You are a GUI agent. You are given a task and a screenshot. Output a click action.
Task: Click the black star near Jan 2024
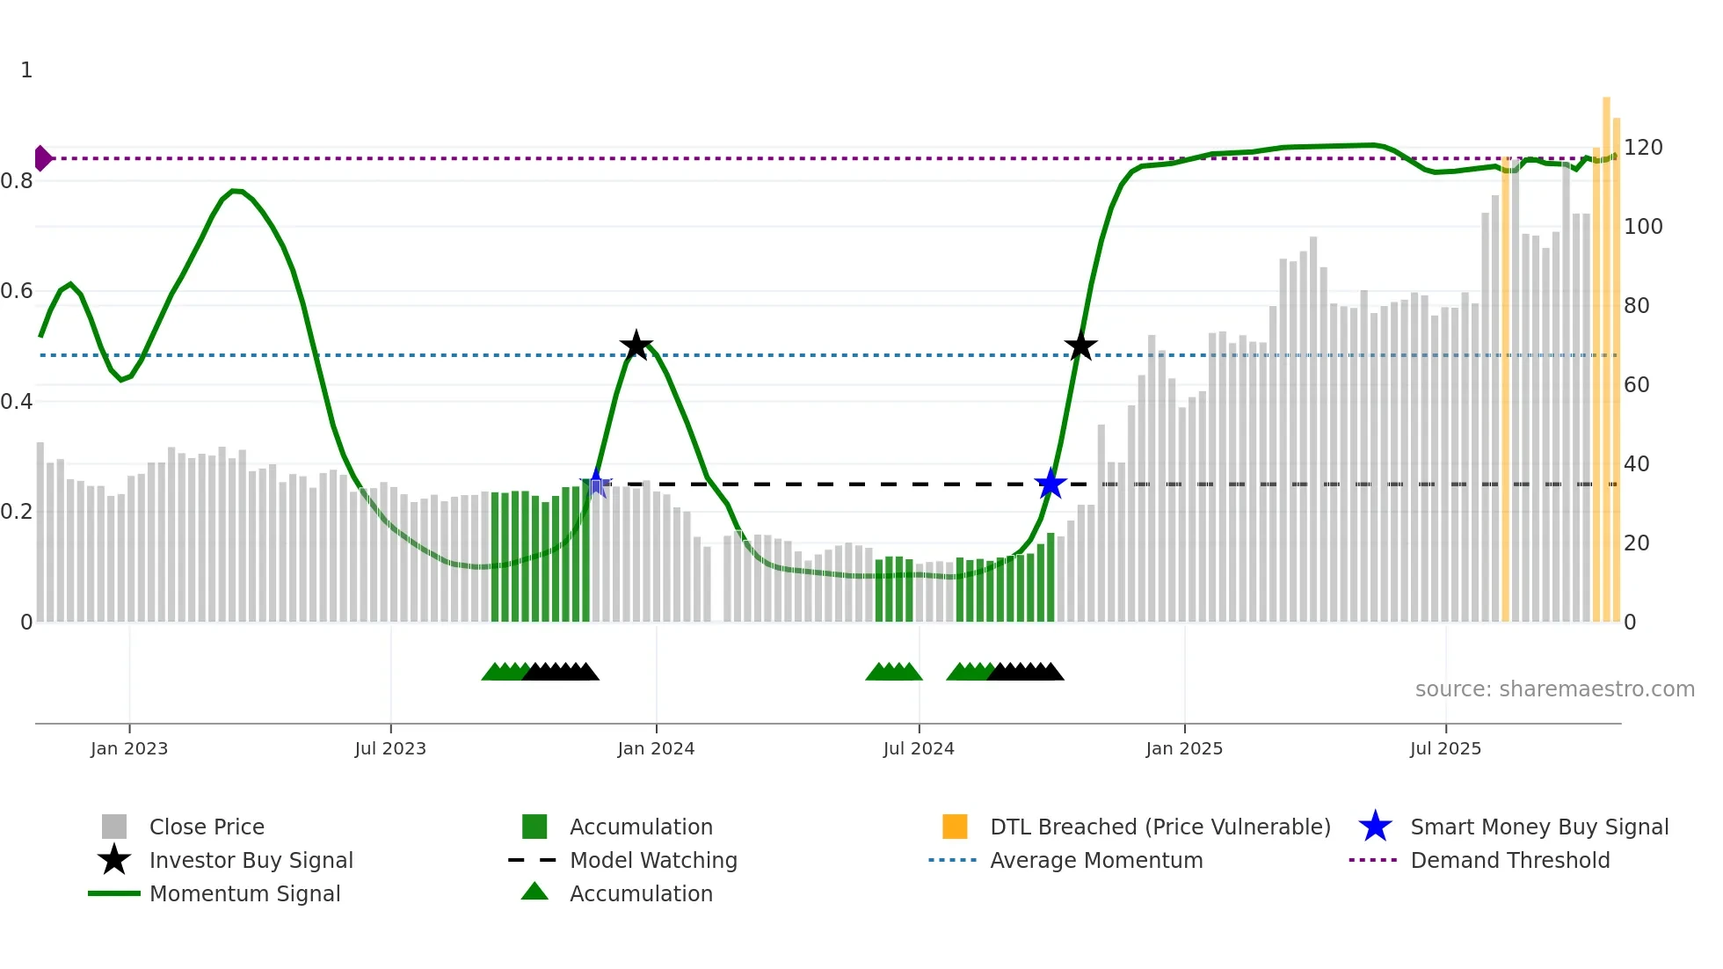[x=636, y=346]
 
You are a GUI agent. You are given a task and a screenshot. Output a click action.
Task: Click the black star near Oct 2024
[x=1080, y=346]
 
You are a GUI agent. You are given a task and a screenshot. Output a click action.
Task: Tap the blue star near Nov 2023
[x=596, y=483]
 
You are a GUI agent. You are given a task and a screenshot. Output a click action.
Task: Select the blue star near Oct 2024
[x=1050, y=484]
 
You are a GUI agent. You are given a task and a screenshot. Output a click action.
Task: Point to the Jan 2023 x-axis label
[x=129, y=748]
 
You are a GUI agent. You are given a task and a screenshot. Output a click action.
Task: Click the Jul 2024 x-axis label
[x=919, y=748]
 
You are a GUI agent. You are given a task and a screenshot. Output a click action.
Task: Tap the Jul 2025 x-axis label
[x=1445, y=748]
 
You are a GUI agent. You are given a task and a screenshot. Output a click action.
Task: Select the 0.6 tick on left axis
[x=17, y=291]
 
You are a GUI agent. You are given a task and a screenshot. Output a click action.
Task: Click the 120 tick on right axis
[x=1642, y=148]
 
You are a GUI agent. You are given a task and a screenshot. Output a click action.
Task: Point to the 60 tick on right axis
[x=1636, y=385]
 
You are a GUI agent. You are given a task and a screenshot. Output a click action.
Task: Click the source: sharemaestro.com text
[x=1554, y=689]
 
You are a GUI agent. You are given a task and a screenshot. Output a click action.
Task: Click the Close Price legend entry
[x=207, y=827]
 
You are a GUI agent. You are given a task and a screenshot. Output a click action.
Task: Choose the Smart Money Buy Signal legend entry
[x=1538, y=827]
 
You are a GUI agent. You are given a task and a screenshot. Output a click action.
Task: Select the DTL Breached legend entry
[x=1160, y=827]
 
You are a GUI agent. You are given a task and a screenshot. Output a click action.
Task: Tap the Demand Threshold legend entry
[x=1509, y=860]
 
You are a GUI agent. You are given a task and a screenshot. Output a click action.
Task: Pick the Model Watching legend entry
[x=652, y=860]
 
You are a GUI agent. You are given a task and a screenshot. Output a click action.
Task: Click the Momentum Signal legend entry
[x=244, y=893]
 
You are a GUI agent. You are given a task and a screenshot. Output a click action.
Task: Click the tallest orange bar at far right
[x=1606, y=352]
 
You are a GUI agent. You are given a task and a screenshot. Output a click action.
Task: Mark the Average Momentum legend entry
[x=1095, y=860]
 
